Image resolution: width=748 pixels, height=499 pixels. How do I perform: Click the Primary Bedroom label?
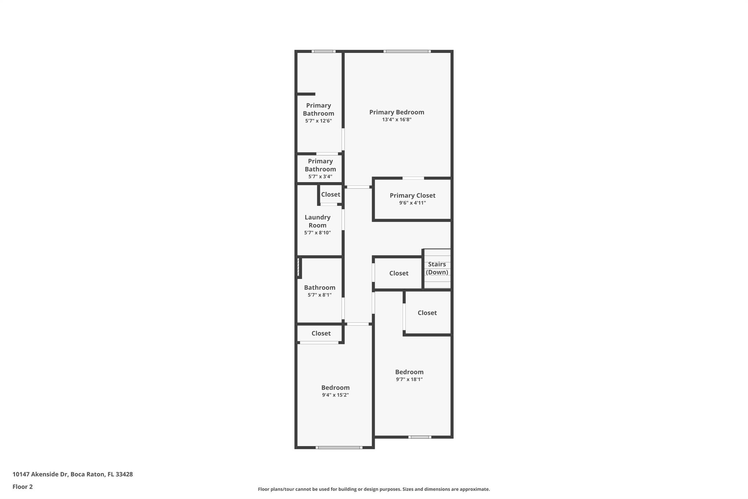coord(397,112)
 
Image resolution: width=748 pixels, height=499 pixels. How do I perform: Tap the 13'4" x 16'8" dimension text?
coord(397,120)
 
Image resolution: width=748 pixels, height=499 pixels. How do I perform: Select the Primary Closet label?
coord(412,196)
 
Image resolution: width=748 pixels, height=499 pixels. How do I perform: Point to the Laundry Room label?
coord(317,221)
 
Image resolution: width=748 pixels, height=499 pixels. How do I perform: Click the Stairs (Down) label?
coord(437,268)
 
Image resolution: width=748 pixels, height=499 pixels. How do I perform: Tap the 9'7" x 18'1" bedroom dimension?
coord(409,379)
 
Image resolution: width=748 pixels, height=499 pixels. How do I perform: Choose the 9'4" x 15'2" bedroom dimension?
coord(335,395)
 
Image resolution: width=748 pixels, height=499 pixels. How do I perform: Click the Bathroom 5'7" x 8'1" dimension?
coord(320,295)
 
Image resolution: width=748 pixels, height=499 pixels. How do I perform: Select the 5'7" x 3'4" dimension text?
coord(320,177)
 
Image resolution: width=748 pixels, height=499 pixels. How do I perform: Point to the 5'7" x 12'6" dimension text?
coord(318,121)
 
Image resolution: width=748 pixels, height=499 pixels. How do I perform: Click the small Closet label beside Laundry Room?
coord(331,194)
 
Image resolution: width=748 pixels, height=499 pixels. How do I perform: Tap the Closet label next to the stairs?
coord(398,273)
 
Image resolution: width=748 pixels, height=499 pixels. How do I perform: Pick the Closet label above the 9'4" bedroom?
coord(321,333)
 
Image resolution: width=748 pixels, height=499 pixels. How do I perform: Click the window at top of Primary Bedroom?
coord(407,52)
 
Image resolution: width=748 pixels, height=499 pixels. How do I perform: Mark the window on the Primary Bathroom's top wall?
coord(324,52)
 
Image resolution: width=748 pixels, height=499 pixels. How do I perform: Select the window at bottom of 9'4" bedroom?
coord(339,447)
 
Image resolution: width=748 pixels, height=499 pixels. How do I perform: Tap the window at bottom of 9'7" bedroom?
coord(420,437)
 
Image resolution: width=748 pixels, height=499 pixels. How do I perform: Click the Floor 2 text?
coord(23,487)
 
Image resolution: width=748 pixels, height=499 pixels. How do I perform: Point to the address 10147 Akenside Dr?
coord(40,475)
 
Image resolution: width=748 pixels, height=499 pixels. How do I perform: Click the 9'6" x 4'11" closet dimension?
coord(412,203)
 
